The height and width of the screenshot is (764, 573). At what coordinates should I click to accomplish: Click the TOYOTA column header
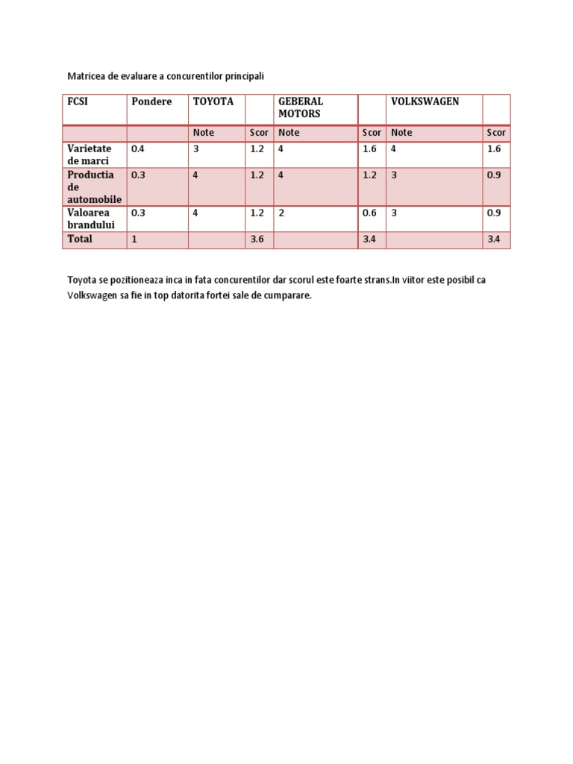(213, 101)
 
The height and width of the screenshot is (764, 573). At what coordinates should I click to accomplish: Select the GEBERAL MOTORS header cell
(301, 107)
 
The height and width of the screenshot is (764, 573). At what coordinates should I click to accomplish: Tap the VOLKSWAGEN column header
(425, 101)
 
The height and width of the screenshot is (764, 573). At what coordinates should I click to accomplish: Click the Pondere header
(151, 101)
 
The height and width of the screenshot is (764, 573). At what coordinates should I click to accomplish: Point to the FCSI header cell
(78, 101)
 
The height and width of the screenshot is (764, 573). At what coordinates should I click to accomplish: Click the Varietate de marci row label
(89, 154)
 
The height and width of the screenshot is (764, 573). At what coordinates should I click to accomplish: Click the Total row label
(80, 239)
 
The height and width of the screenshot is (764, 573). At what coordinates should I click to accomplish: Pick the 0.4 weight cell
(138, 148)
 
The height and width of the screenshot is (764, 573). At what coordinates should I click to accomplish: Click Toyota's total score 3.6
(258, 239)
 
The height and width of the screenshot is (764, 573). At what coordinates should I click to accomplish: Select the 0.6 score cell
(369, 213)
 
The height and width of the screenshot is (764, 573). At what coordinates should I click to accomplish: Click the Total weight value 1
(134, 239)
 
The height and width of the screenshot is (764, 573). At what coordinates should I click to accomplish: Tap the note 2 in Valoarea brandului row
(281, 213)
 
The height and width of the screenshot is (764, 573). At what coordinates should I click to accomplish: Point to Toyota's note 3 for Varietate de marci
(196, 148)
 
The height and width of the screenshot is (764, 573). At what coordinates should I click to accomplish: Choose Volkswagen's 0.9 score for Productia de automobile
(494, 175)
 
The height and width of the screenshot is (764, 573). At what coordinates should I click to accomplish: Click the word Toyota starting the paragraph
(82, 280)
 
